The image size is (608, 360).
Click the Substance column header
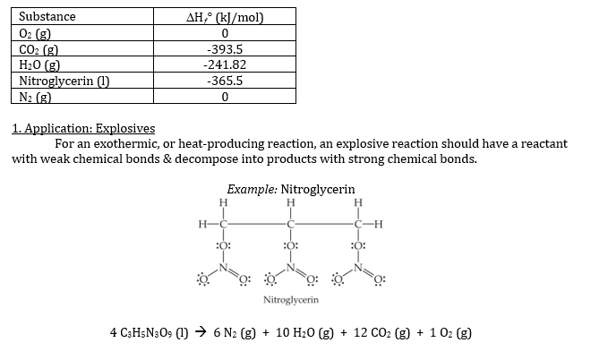(47, 17)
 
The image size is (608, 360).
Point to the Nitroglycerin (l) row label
(64, 80)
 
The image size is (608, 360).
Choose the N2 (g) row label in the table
(35, 96)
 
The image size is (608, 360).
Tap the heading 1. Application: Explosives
(83, 128)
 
